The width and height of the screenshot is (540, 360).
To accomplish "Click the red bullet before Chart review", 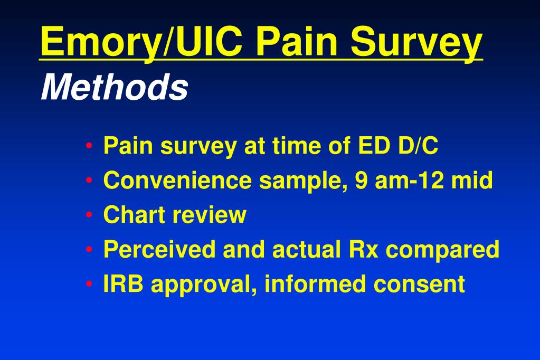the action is pos(89,215).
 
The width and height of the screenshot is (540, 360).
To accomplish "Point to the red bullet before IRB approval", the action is pos(89,284).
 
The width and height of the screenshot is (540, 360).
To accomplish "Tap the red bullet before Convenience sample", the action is pos(89,180).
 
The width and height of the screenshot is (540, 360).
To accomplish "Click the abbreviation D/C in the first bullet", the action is pos(419,145).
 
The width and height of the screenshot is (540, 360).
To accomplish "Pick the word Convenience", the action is pos(177,180).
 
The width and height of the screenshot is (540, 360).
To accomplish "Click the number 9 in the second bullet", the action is pos(361,180).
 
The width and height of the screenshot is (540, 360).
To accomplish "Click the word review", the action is pos(210,215).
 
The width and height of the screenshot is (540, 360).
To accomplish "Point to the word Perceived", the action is pos(159,249).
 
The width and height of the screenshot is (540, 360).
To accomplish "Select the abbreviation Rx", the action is pos(363,249).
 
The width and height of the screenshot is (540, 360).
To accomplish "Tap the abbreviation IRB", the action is pos(124,284).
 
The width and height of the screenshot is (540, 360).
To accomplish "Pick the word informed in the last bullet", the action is pos(316,283).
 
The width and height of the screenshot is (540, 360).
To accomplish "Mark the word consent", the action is pos(419,285).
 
